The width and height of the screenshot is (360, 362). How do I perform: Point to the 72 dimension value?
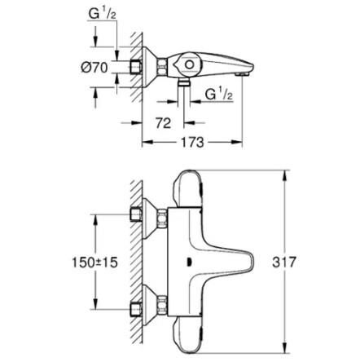tap(161, 122)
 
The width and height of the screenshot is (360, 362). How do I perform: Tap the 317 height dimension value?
tap(284, 263)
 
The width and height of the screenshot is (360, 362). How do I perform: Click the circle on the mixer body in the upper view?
tap(189, 64)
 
